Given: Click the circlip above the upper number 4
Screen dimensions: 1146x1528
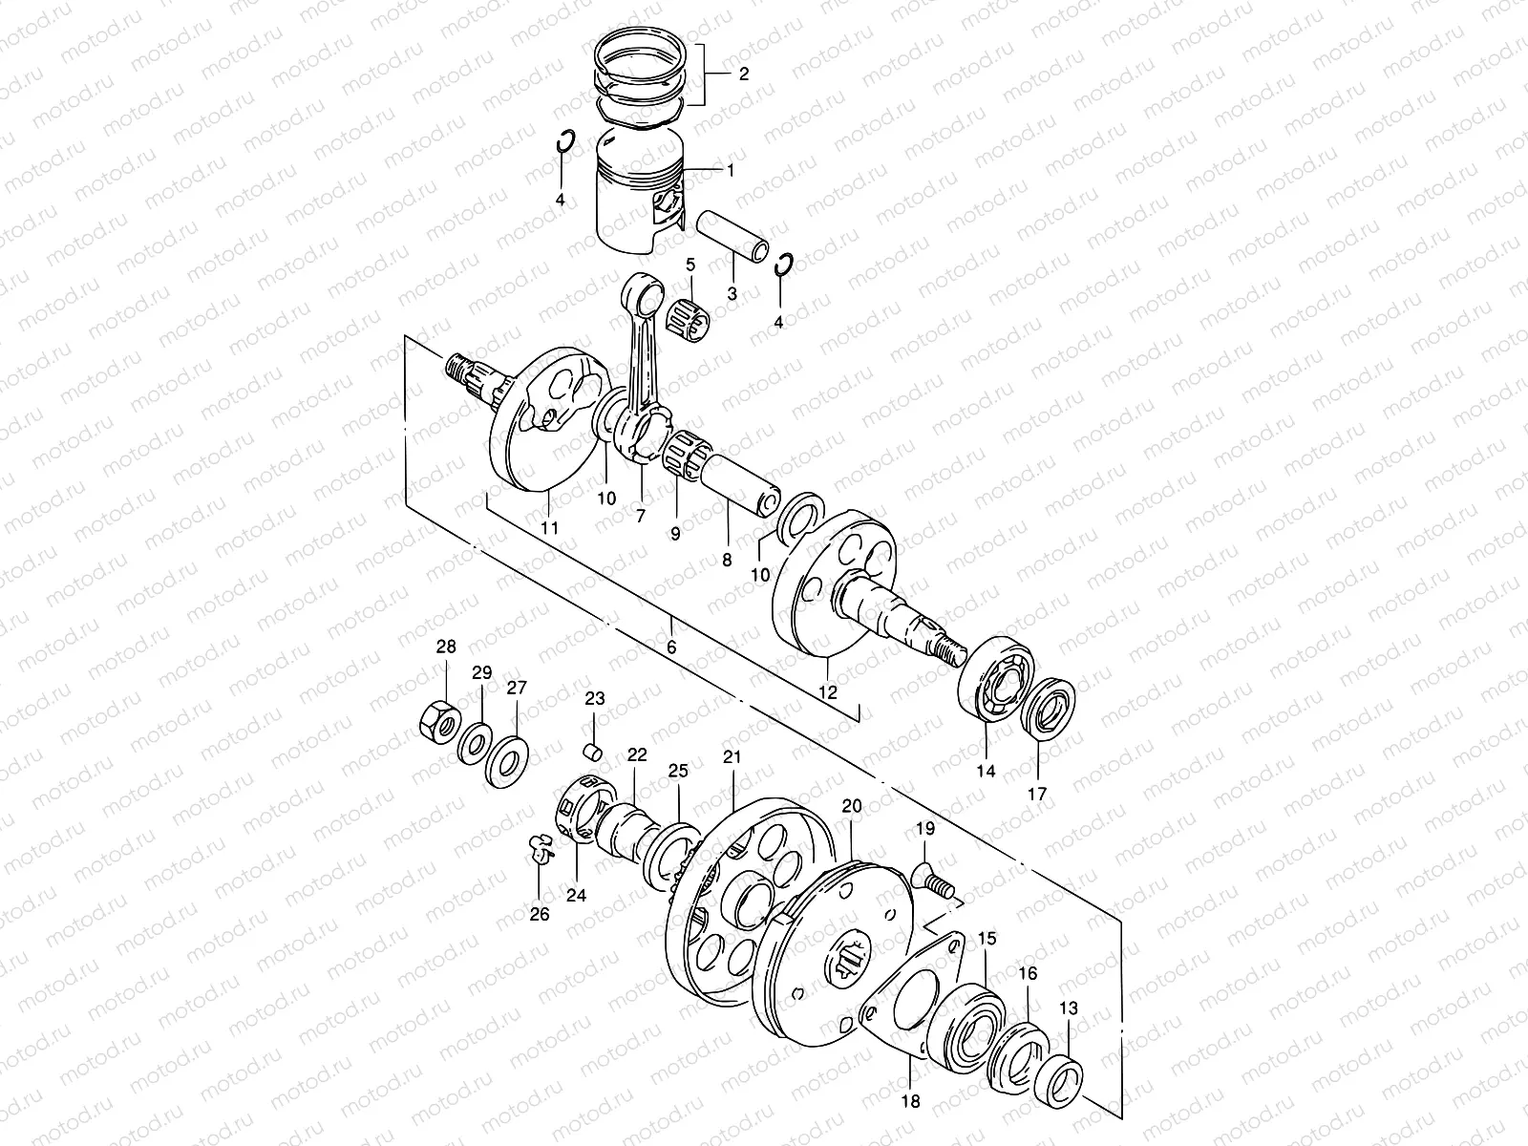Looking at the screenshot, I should [x=565, y=142].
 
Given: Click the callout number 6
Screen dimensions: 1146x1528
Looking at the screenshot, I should [x=671, y=647].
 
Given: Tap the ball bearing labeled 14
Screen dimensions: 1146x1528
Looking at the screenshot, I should [x=1000, y=681].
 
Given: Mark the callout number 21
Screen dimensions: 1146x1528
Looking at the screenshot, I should [x=732, y=757].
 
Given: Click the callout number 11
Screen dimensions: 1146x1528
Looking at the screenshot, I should [x=549, y=526].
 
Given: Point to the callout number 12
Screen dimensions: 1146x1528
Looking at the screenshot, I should [x=828, y=691].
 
